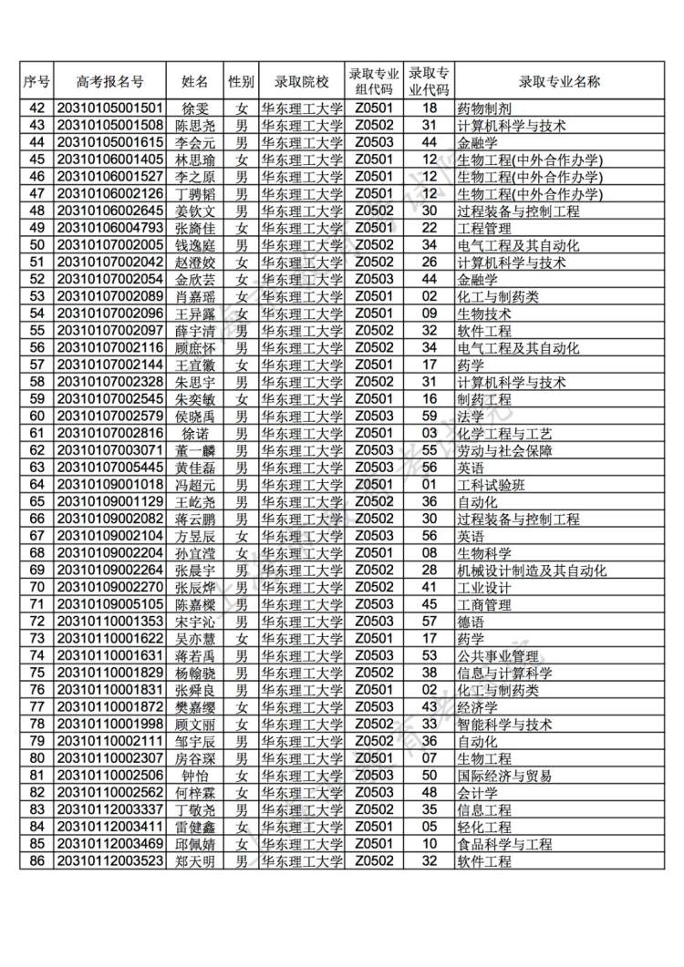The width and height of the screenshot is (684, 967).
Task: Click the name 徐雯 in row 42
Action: [x=195, y=108]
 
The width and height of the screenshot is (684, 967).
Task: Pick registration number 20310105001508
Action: [x=110, y=126]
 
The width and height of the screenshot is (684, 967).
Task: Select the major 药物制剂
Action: [x=484, y=108]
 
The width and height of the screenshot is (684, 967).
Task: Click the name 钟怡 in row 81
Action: [x=195, y=776]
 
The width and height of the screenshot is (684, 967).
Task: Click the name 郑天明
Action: [x=195, y=861]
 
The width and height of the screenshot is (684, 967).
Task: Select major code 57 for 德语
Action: [x=430, y=622]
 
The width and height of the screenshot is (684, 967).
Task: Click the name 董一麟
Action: [x=195, y=450]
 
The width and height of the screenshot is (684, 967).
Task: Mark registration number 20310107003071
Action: [x=110, y=450]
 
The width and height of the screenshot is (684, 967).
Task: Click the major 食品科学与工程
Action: [x=504, y=844]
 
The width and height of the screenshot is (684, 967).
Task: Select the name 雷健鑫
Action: [x=195, y=828]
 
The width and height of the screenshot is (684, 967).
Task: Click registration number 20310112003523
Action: [x=110, y=861]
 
